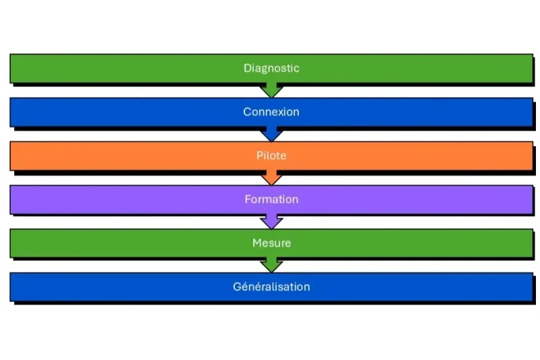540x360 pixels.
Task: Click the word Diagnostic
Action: [x=271, y=68]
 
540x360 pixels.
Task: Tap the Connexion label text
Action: [x=271, y=112]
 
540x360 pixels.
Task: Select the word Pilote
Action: [x=271, y=155]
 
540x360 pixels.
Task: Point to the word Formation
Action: [x=271, y=199]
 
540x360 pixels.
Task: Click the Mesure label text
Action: [x=271, y=242]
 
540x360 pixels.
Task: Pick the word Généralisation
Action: [x=271, y=286]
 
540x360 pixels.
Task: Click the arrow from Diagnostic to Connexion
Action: [x=271, y=91]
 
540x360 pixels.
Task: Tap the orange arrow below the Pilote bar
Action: [x=271, y=178]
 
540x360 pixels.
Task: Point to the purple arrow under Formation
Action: [x=271, y=222]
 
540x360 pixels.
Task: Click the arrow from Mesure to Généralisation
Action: [x=271, y=265]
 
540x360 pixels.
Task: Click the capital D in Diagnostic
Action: [x=247, y=68]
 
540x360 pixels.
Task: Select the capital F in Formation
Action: [x=248, y=199]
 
